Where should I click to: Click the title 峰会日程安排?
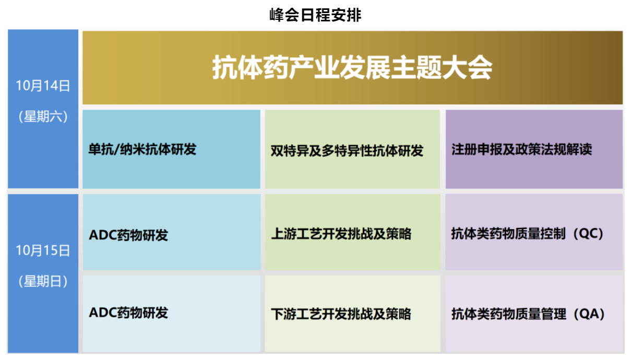point(315,15)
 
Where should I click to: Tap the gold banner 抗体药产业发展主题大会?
point(352,68)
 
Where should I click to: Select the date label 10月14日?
point(43,86)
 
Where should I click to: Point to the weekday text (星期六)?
point(43,116)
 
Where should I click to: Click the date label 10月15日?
point(43,250)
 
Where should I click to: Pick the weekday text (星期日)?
point(43,281)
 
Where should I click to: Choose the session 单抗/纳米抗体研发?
point(142,149)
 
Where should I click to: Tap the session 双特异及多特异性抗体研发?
point(347,151)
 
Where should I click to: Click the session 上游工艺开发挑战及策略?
point(341,234)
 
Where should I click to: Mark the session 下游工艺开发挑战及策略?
point(341,314)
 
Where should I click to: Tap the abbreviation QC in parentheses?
point(588,234)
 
